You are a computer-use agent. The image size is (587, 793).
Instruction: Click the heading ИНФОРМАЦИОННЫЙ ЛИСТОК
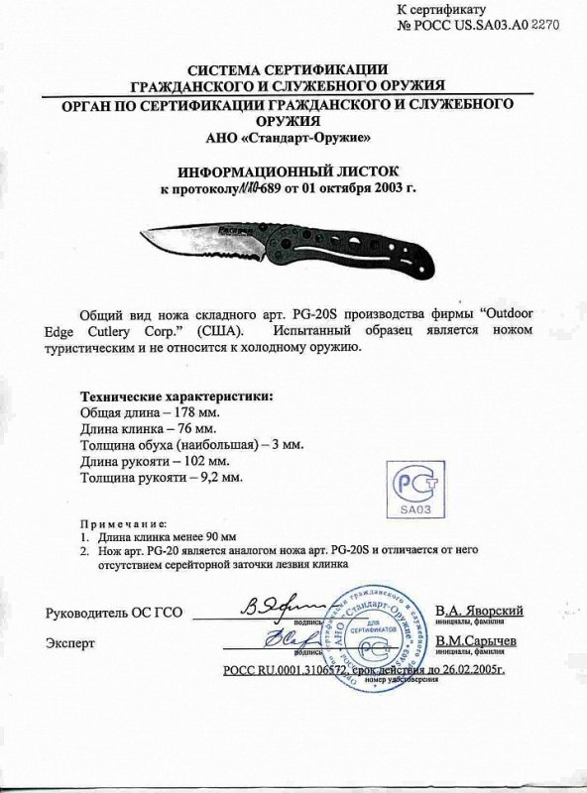pyautogui.click(x=293, y=169)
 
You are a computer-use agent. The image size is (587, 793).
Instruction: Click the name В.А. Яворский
pyautogui.click(x=479, y=611)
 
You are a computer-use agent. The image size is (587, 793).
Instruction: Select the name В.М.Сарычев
pyautogui.click(x=479, y=642)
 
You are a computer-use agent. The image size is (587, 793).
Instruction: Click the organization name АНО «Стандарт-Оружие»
pyautogui.click(x=293, y=136)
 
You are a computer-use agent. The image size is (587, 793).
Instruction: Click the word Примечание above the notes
pyautogui.click(x=120, y=521)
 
